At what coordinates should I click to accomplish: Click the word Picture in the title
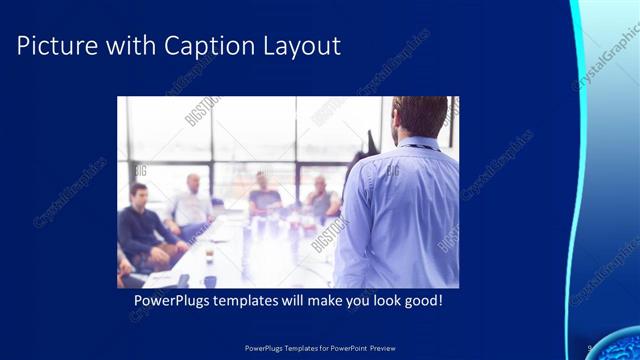(55, 46)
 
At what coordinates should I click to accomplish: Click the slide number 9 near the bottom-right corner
(590, 346)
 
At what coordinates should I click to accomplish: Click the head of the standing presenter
(420, 116)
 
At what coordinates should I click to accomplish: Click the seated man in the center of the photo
(264, 195)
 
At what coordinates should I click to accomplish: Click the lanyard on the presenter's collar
(420, 146)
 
